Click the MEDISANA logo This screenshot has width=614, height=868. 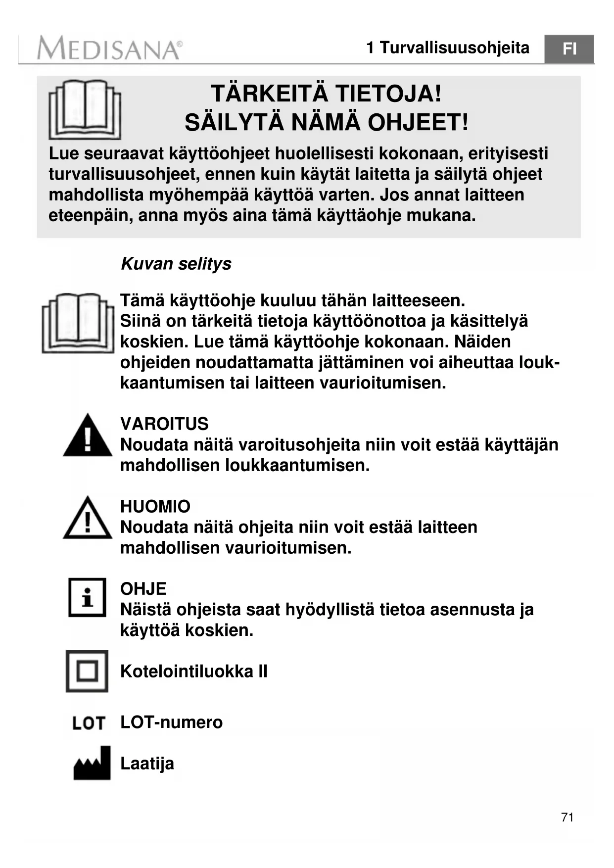point(109,48)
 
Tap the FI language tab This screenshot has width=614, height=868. point(569,49)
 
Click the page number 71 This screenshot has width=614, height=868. point(567,817)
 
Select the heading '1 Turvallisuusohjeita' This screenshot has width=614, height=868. point(447,48)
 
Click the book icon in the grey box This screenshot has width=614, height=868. point(85,109)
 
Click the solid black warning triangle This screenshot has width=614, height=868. point(88,436)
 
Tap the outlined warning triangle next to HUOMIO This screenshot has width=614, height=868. point(88,518)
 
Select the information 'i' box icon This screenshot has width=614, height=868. point(87,597)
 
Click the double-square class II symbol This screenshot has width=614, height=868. point(87,671)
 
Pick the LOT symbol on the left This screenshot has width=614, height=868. point(89,723)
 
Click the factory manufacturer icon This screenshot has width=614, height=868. point(92,763)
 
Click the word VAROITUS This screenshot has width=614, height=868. point(164,424)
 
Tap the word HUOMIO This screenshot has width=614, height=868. point(155,506)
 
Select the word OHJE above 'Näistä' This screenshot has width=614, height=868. point(143,589)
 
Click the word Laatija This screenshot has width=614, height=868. point(147,764)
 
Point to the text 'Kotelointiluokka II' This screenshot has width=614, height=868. point(193,672)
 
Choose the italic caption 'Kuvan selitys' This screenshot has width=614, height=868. point(176,264)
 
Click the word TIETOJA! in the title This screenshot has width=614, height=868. point(388,94)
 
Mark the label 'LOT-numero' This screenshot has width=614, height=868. point(171,723)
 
